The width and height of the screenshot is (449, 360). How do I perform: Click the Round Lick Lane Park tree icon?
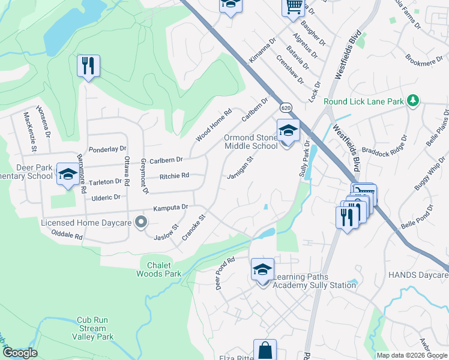pyautogui.click(x=412, y=101)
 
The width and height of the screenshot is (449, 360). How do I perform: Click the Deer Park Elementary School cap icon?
pyautogui.click(x=67, y=174)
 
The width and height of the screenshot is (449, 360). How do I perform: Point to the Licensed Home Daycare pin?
pyautogui.click(x=141, y=223)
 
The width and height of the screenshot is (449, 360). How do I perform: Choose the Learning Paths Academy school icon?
pyautogui.click(x=262, y=270)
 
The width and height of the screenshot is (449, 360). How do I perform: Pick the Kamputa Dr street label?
pyautogui.click(x=170, y=207)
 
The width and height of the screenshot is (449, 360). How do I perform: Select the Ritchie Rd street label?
pyautogui.click(x=174, y=176)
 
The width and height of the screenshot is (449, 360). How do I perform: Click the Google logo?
pyautogui.click(x=20, y=353)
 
